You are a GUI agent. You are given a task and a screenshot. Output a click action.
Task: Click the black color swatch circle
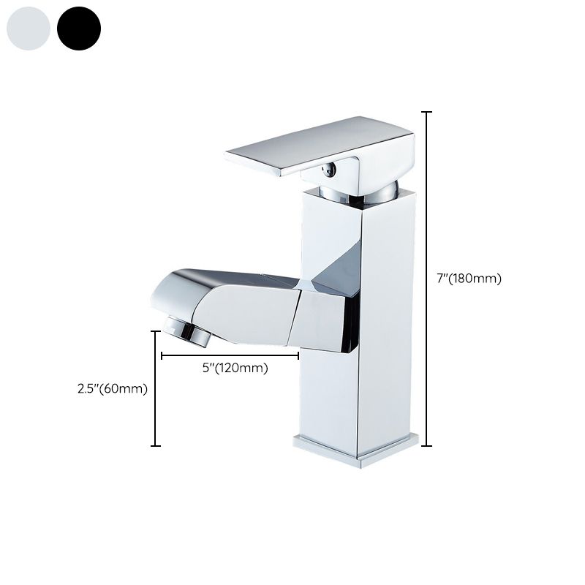click(x=79, y=29)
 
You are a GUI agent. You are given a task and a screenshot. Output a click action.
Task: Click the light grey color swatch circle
click(x=28, y=29)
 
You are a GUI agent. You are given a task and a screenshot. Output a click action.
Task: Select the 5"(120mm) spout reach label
click(x=234, y=369)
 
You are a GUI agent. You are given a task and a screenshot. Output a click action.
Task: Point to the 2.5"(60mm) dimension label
click(x=113, y=389)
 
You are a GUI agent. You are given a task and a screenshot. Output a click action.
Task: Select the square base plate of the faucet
click(x=356, y=448)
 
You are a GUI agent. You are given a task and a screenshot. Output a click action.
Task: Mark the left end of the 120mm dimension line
click(x=161, y=356)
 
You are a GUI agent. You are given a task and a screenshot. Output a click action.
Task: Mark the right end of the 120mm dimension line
click(x=298, y=356)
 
